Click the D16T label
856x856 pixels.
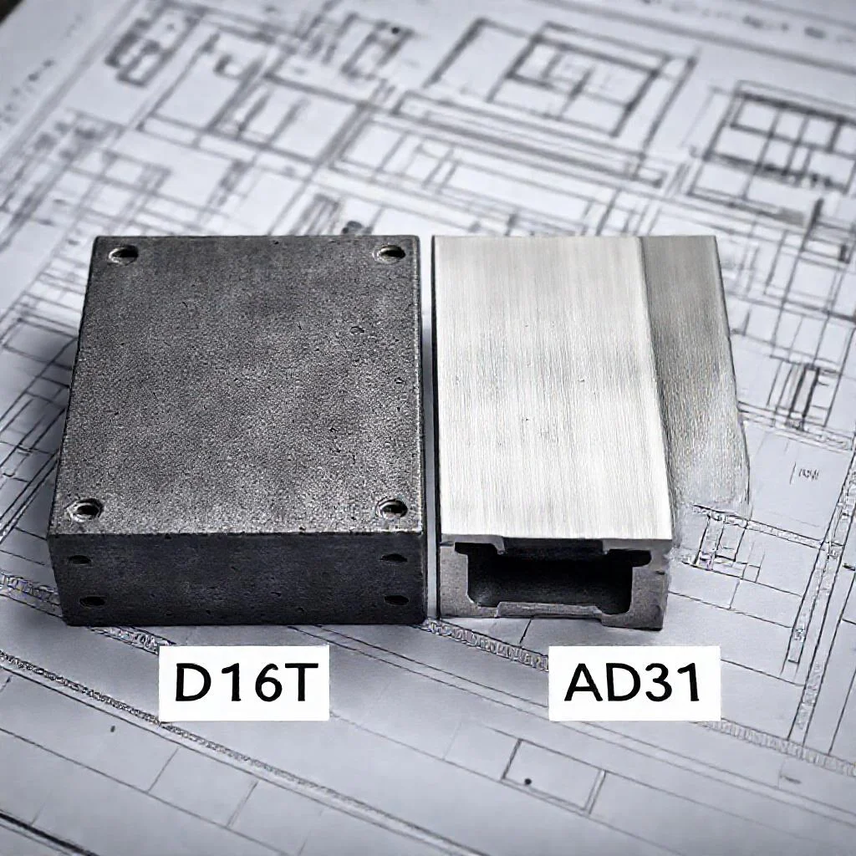(243, 682)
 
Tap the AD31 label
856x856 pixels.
(634, 682)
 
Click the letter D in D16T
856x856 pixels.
(193, 682)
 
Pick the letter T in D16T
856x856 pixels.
(300, 682)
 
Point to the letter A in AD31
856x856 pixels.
(584, 682)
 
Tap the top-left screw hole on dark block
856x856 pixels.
(124, 254)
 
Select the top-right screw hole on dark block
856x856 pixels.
(391, 252)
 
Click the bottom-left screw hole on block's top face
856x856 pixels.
(86, 511)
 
